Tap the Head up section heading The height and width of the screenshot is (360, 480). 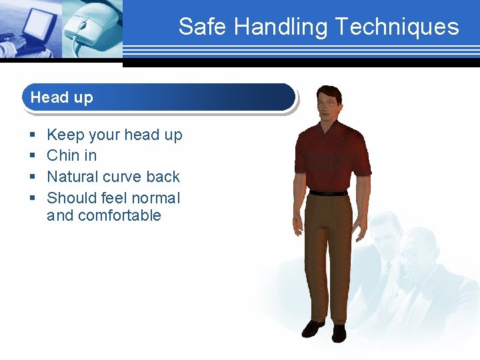coord(61,97)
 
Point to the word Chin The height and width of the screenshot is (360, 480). coord(63,155)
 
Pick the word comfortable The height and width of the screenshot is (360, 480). coord(119,215)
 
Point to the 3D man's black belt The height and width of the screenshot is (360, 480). coord(329,193)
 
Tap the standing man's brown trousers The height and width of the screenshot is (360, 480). coord(328,253)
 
